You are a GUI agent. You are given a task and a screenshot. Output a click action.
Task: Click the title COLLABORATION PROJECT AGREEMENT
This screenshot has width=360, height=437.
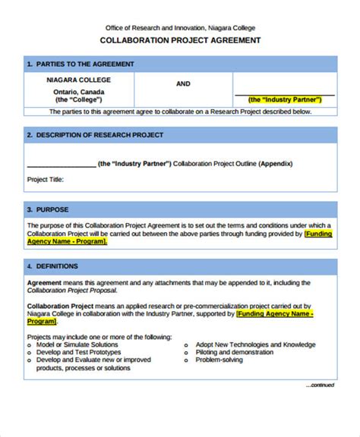pos(181,40)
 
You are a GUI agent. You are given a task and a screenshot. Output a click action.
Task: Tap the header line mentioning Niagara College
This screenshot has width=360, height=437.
pos(180,27)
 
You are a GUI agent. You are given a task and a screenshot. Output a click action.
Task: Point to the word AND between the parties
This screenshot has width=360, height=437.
pos(183,84)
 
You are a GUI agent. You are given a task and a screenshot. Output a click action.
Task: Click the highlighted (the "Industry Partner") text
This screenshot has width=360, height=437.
pos(285,99)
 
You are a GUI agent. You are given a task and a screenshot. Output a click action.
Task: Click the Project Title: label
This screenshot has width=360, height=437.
pos(46,180)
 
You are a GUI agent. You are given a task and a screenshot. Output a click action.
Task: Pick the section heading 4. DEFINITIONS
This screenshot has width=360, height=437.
pos(55,266)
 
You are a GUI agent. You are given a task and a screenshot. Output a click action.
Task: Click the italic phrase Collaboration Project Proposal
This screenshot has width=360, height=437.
pos(72,291)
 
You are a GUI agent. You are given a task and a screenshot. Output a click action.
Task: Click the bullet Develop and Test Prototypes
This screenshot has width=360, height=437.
pos(77,352)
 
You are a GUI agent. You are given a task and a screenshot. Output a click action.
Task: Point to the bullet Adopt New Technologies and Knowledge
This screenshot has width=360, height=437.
pos(254,344)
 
